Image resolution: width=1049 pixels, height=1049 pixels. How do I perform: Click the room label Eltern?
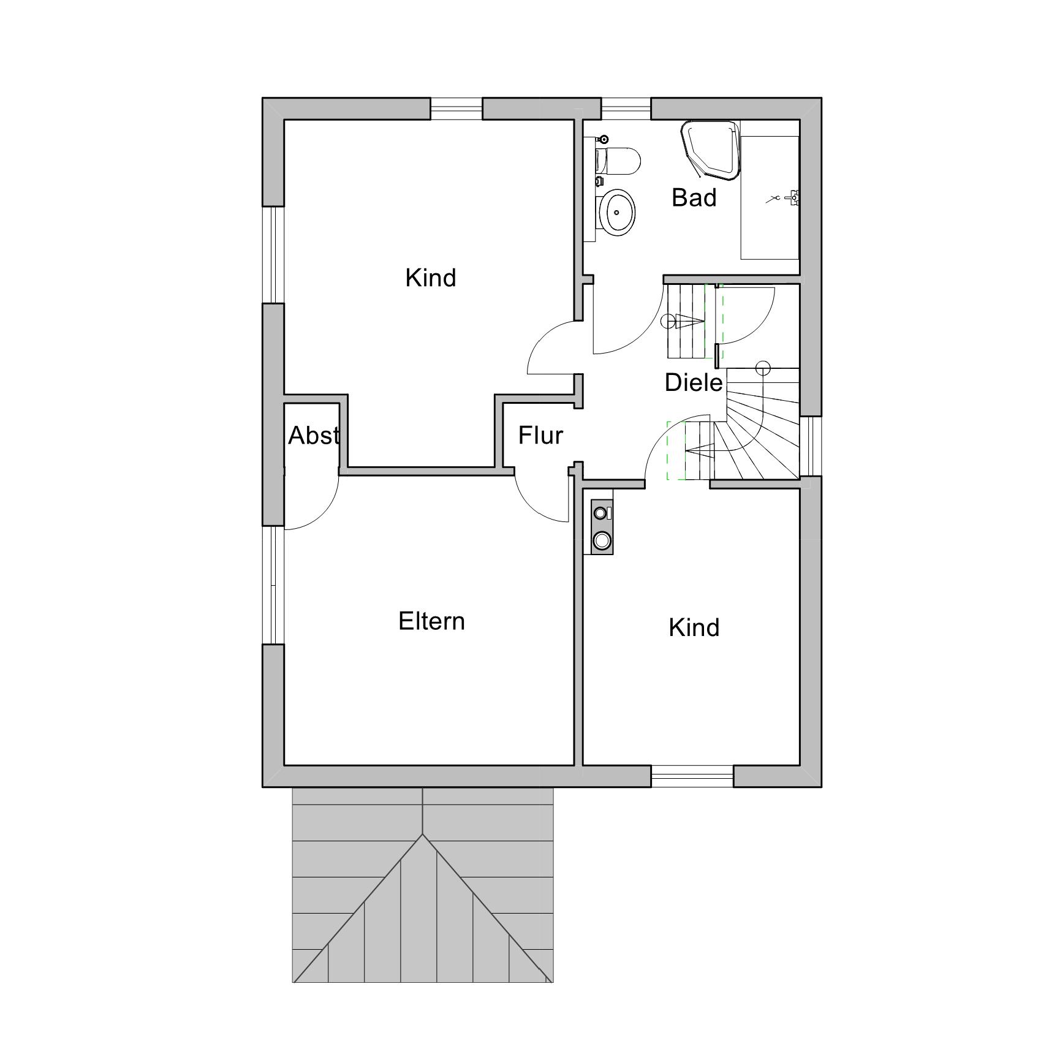click(x=431, y=621)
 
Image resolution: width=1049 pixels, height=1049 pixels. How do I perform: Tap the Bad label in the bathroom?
click(x=694, y=197)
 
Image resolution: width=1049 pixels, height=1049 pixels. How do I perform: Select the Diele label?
click(x=694, y=382)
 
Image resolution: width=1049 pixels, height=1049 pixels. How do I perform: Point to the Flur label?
click(x=540, y=435)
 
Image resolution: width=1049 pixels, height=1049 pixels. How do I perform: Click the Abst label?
click(x=314, y=435)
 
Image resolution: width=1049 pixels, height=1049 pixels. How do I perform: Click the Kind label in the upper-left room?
click(x=431, y=278)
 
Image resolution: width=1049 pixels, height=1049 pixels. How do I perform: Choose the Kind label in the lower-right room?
click(x=694, y=627)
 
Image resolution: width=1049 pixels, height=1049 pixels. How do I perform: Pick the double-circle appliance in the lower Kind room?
click(x=602, y=526)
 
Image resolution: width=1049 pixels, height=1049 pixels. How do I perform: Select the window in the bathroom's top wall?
click(x=625, y=108)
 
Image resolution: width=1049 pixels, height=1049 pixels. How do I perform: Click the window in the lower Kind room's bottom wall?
click(x=692, y=776)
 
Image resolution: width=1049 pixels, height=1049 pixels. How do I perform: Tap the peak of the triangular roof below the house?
click(x=422, y=835)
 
